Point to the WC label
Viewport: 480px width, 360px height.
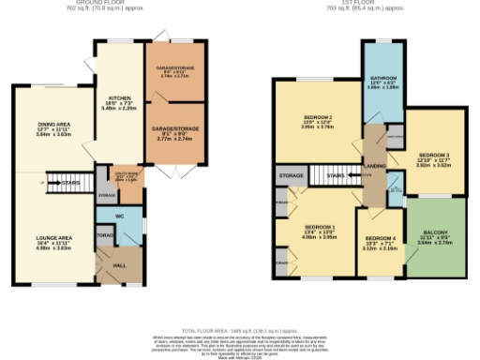[x=120, y=217]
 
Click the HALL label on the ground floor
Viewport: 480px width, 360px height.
[x=118, y=266]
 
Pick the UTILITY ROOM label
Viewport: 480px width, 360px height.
[x=126, y=172]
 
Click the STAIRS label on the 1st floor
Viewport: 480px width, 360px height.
[x=337, y=174]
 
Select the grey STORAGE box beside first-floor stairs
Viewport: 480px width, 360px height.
[x=292, y=174]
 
